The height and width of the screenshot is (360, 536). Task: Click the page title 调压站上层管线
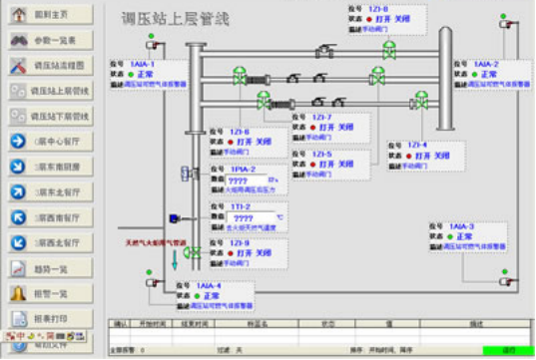point(176,19)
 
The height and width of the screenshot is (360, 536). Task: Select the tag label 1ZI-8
point(239,132)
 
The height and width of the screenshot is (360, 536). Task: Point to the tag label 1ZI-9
point(239,242)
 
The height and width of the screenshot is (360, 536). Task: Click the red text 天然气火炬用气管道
point(154,242)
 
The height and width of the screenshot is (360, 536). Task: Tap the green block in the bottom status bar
point(505,350)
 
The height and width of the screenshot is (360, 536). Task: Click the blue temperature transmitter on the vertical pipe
point(174,218)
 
